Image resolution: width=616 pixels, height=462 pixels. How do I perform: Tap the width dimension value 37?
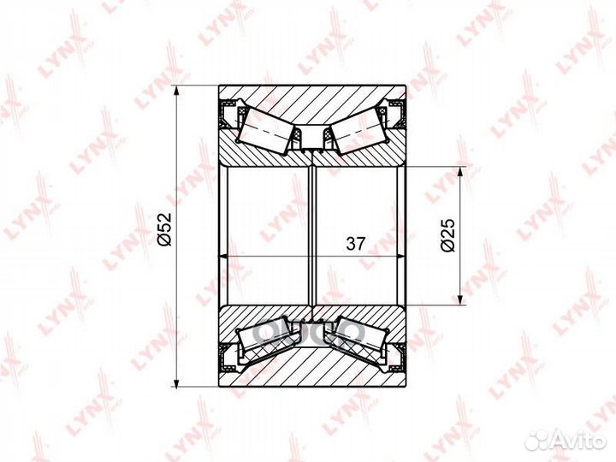point(356,244)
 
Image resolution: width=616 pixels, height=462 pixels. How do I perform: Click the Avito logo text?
point(579,441)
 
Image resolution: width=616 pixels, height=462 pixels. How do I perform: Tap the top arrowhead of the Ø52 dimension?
point(177,92)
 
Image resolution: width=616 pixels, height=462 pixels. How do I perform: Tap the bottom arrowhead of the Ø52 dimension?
point(177,380)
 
